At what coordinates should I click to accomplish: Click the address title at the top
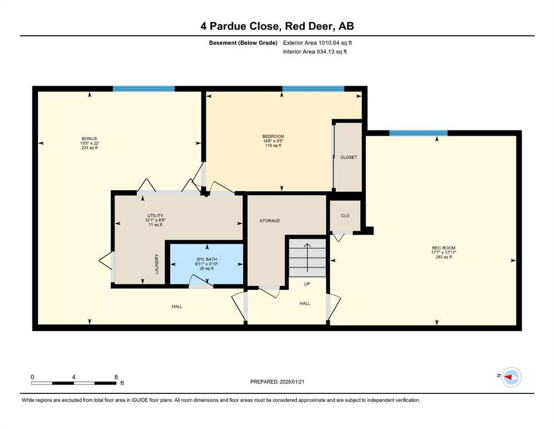pos(277,26)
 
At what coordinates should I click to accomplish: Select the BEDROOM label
pos(273,137)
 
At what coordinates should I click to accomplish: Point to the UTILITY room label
pos(155,216)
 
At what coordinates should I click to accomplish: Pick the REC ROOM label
pos(440,248)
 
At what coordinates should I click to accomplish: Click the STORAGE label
pos(269,221)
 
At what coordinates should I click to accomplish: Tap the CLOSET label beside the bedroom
pos(348,157)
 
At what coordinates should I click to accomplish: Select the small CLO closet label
pos(345,216)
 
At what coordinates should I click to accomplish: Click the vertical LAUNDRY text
pos(157,264)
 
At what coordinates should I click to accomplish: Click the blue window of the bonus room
pos(143,89)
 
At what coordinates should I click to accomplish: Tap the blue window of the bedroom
pos(313,89)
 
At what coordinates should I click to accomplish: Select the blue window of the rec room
pos(418,133)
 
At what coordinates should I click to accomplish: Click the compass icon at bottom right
pos(510,377)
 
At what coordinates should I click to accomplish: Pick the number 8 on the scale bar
pos(115,377)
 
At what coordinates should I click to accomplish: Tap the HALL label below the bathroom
pos(176,307)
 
